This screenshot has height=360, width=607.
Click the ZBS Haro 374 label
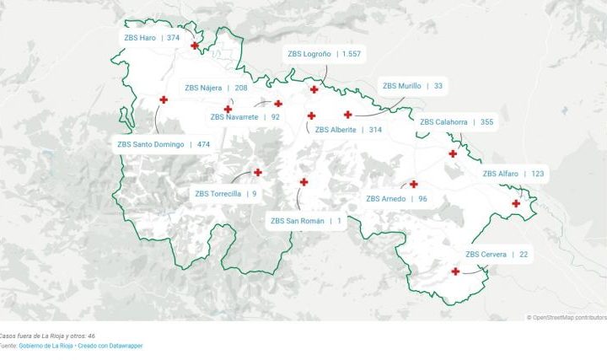tap(152, 38)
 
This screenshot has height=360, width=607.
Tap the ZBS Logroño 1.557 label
tap(324, 54)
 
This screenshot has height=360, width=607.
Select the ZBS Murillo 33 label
tap(412, 86)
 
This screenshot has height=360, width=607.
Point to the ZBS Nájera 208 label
tap(217, 88)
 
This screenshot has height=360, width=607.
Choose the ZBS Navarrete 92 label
tap(245, 117)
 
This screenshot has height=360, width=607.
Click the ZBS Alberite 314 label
tap(348, 130)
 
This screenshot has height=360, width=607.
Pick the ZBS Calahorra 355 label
tap(456, 122)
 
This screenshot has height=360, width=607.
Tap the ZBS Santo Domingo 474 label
tap(164, 144)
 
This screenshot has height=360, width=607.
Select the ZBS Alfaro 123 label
tap(513, 174)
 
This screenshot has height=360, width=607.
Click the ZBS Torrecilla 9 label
tap(226, 194)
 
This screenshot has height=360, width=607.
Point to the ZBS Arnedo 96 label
tap(396, 199)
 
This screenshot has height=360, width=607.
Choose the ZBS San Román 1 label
tap(306, 221)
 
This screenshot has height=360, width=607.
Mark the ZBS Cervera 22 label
tap(497, 255)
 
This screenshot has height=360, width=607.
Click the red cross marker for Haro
tap(195, 46)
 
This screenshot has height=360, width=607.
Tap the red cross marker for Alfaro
tap(516, 203)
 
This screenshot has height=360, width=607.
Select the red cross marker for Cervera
tap(455, 271)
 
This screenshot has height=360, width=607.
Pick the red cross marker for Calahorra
tap(453, 153)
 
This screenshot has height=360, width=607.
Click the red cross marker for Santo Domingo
tap(164, 100)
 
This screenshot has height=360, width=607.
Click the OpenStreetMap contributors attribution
tap(567, 318)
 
